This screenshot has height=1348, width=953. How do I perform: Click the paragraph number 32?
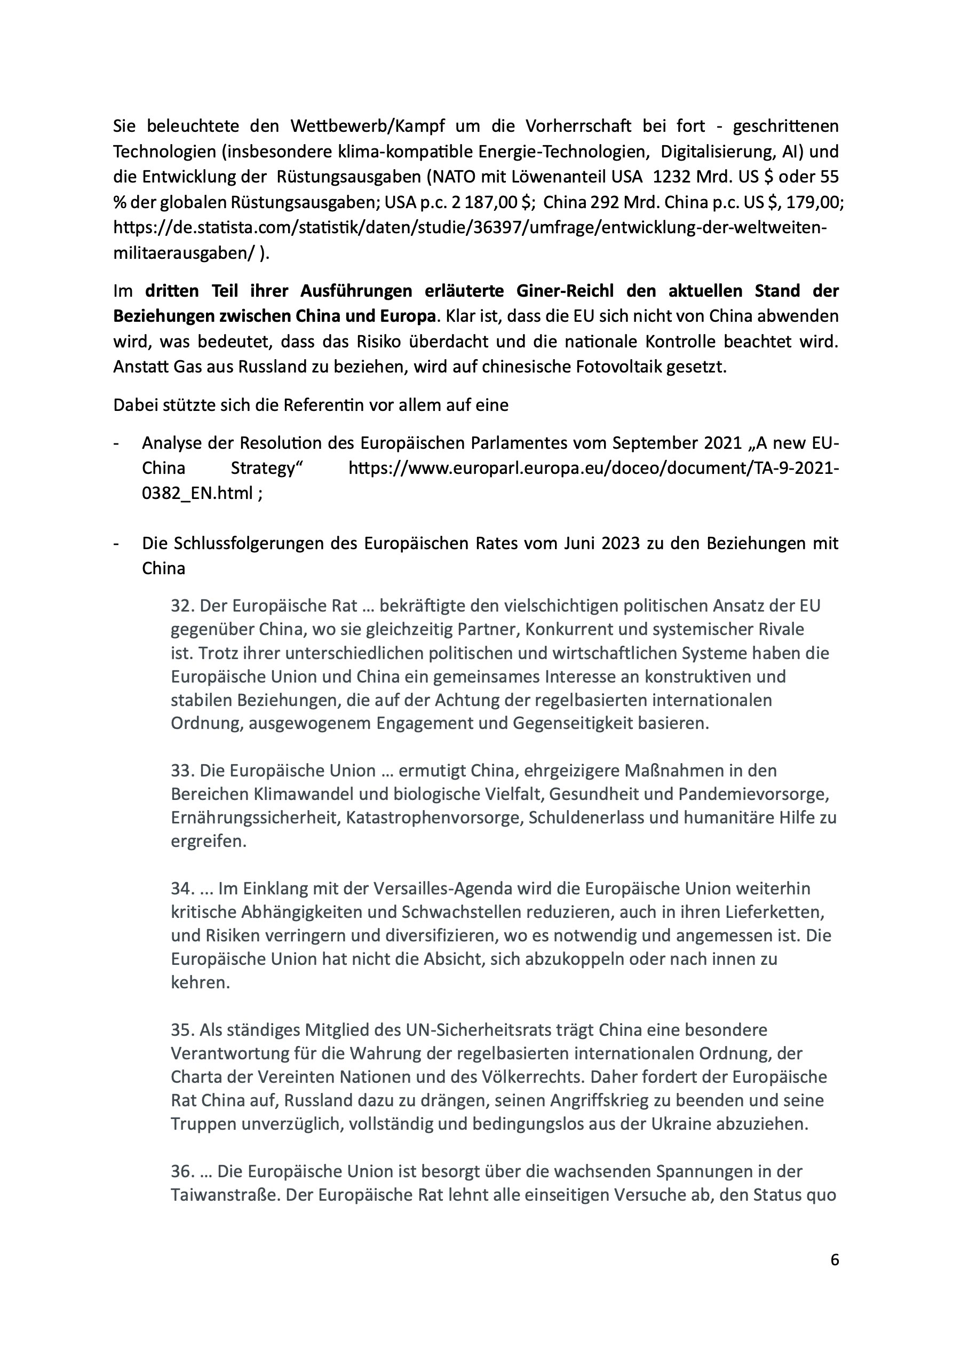pos(182,606)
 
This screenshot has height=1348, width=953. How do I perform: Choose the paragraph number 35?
pos(182,1030)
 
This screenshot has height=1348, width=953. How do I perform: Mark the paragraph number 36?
pos(182,1172)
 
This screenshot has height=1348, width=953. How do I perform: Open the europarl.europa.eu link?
pos(593,469)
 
